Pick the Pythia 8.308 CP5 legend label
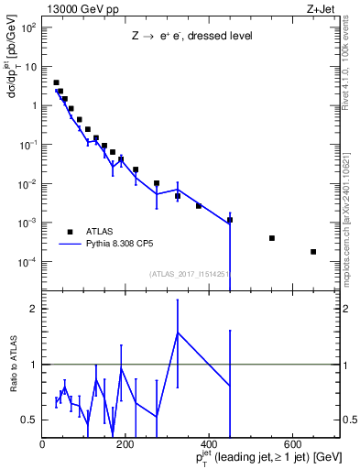coord(120,245)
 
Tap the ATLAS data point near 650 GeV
coord(313,252)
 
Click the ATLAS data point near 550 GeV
coord(272,238)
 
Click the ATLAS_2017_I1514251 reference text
coord(189,273)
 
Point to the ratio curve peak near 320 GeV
coord(178,333)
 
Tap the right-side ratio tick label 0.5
coord(348,420)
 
